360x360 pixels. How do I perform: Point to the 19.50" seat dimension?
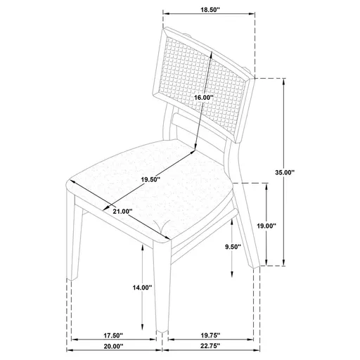pyautogui.click(x=150, y=180)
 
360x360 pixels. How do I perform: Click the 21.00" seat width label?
pyautogui.click(x=122, y=211)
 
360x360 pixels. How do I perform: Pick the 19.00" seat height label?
pyautogui.click(x=266, y=226)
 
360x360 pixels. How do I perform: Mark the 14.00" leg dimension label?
pyautogui.click(x=142, y=287)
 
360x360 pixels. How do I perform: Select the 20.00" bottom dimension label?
pyautogui.click(x=113, y=346)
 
